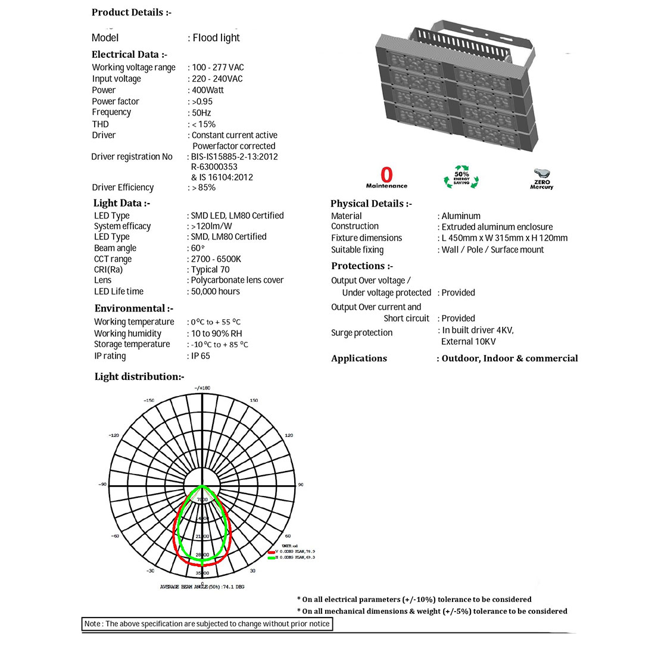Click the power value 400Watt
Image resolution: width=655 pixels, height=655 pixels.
[208, 90]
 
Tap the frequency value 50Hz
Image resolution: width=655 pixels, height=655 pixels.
[201, 113]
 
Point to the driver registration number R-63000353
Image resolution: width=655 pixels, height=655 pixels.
[214, 167]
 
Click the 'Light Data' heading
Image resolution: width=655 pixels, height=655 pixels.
[121, 203]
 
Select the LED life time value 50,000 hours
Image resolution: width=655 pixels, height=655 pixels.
[215, 291]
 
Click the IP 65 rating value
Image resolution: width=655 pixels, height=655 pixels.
[200, 355]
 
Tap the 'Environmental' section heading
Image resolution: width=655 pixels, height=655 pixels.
[133, 308]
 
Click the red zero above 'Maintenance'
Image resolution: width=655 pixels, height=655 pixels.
[387, 174]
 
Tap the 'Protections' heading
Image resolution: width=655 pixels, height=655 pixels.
[361, 266]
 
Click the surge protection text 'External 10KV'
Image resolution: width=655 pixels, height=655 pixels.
[469, 341]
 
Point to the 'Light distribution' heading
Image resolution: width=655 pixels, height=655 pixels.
[139, 376]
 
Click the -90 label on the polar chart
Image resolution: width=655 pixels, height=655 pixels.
[102, 485]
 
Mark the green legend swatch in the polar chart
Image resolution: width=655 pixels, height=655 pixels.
[271, 558]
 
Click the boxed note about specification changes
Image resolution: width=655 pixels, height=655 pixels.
[207, 624]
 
